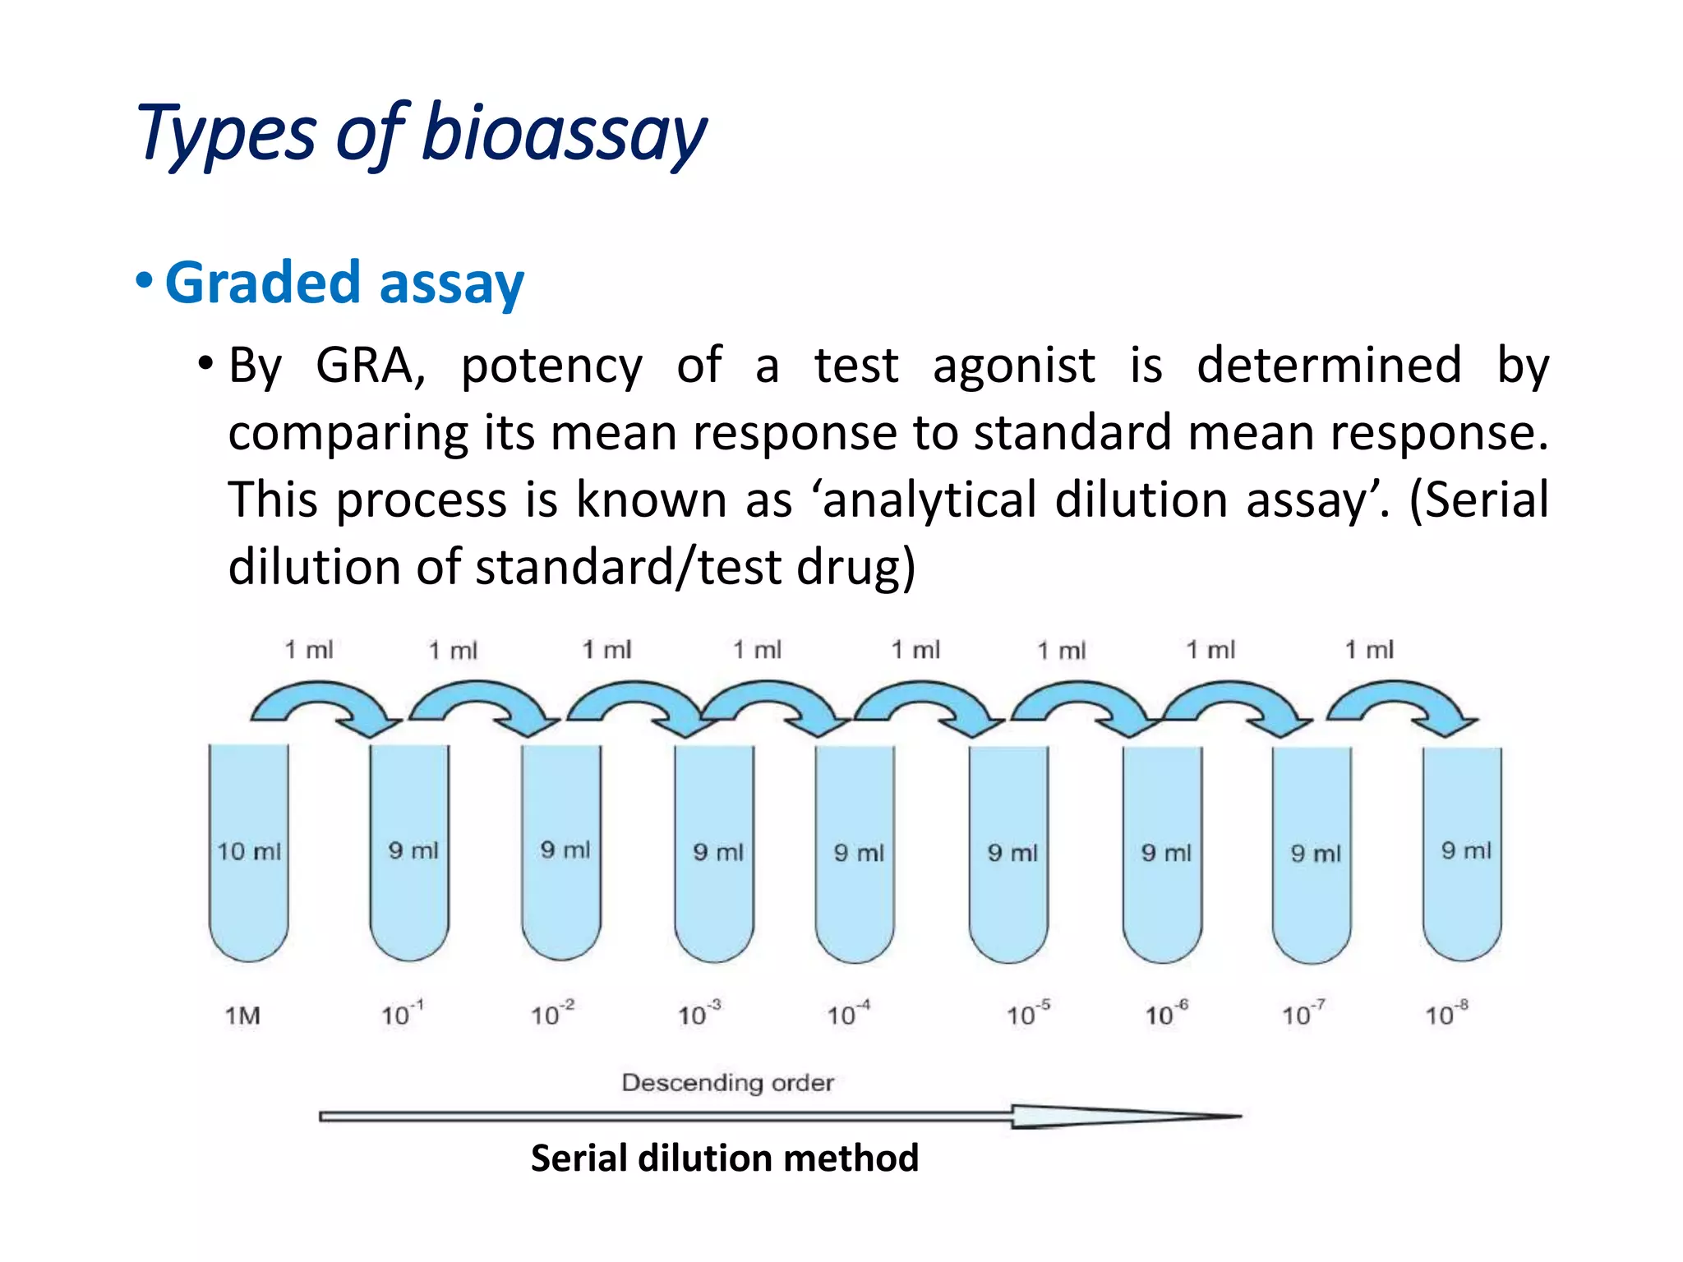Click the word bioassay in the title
[x=564, y=134]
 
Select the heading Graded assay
[x=344, y=282]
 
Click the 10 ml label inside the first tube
[x=248, y=851]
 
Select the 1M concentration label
[x=243, y=1016]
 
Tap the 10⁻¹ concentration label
[x=402, y=1014]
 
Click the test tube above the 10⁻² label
[x=561, y=854]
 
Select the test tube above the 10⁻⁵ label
[x=1008, y=854]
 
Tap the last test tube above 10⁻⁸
[x=1462, y=854]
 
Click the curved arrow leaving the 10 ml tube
[x=325, y=702]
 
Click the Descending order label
[x=727, y=1083]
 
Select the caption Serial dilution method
[x=724, y=1158]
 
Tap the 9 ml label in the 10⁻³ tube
[x=717, y=852]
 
